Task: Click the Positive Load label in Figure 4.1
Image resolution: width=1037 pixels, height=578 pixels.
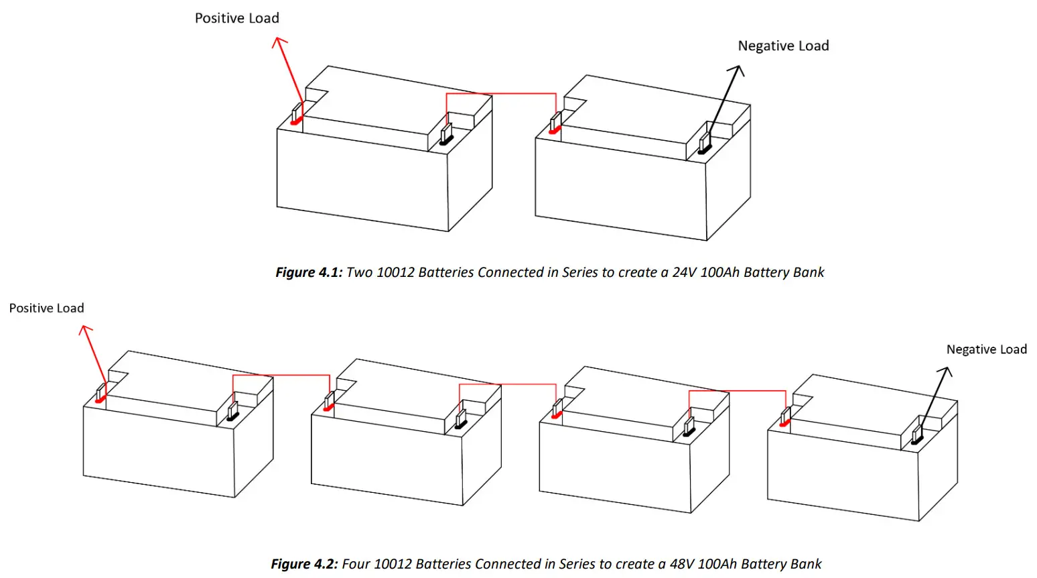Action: click(x=236, y=19)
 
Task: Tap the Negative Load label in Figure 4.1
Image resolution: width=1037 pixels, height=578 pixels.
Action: click(x=783, y=46)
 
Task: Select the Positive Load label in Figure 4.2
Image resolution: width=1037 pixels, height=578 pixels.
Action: click(x=46, y=308)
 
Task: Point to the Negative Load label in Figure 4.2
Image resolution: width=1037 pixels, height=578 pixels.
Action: click(x=986, y=349)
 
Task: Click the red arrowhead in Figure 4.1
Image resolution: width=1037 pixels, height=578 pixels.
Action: click(x=279, y=43)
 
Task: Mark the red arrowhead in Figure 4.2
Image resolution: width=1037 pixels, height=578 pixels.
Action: click(x=84, y=330)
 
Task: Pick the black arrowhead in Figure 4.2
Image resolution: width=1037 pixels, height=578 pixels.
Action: click(x=946, y=372)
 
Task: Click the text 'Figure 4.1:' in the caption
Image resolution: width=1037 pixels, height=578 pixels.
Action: click(x=309, y=273)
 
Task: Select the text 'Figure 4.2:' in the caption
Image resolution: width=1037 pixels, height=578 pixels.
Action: click(x=304, y=564)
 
